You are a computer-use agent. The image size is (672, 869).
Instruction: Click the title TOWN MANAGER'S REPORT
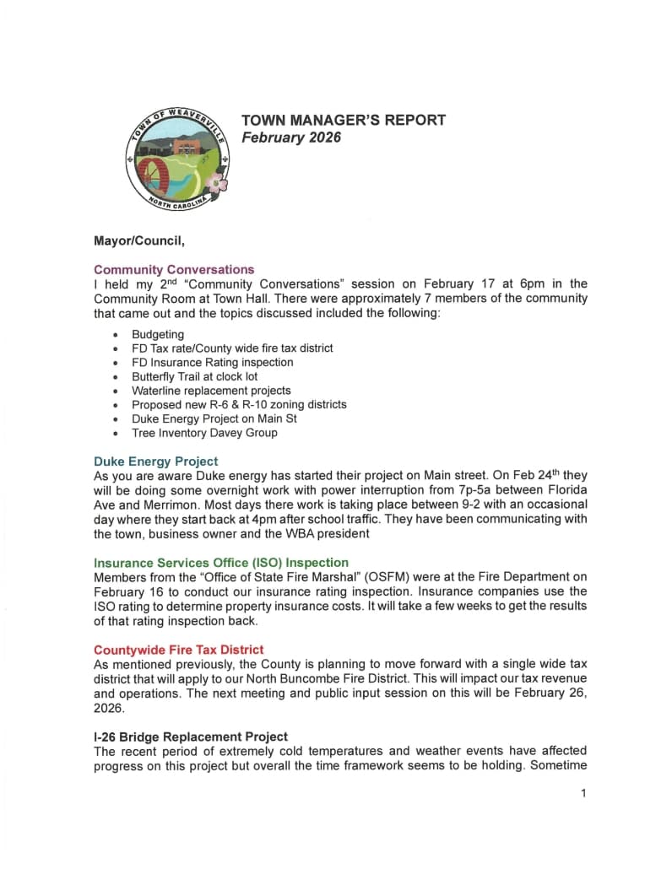344,120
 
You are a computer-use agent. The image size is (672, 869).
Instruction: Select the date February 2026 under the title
291,138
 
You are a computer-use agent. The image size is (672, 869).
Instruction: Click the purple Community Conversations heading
174,270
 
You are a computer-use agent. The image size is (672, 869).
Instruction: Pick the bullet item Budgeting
157,334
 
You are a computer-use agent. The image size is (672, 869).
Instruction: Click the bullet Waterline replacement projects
211,391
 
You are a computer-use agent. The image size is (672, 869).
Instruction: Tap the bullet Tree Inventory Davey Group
204,433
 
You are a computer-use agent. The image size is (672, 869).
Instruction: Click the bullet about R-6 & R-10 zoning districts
239,405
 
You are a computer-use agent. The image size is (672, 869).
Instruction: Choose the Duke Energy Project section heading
155,461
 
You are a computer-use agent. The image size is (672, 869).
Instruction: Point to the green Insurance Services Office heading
221,562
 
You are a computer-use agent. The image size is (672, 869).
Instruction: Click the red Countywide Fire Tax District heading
179,650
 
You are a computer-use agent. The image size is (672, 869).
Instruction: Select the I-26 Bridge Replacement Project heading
191,737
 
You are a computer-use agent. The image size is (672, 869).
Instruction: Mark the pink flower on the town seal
217,182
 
